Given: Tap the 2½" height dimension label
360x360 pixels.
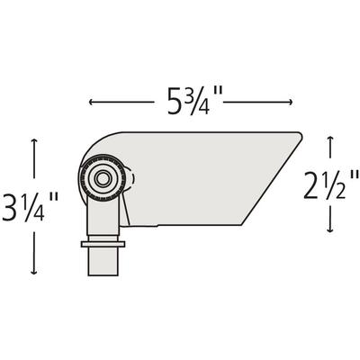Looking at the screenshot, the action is click(x=331, y=184).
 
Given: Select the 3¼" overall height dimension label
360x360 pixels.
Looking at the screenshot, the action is click(x=30, y=207).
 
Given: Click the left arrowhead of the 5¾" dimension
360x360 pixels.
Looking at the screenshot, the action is click(x=91, y=103).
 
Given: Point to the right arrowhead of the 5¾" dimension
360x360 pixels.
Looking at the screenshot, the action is click(x=290, y=103).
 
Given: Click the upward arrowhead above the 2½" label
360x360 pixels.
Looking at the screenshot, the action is click(x=330, y=139).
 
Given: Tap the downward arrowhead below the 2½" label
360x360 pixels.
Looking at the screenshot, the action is click(x=330, y=229).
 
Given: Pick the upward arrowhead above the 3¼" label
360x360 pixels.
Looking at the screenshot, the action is click(x=34, y=141).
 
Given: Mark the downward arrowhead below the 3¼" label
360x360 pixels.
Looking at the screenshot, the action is click(x=34, y=272).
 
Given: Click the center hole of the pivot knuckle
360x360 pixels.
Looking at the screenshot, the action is click(x=102, y=179).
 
